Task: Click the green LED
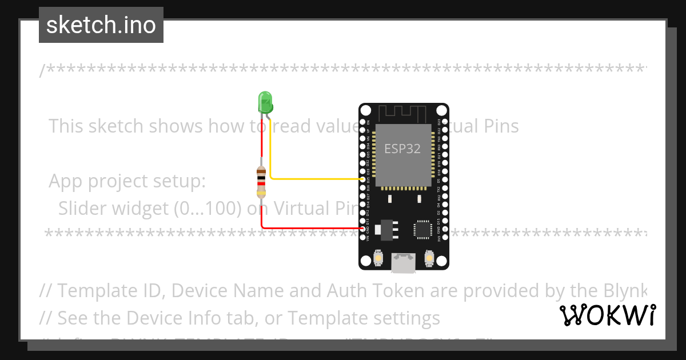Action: (x=265, y=102)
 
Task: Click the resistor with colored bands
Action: (x=261, y=181)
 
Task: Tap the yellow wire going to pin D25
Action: (x=314, y=179)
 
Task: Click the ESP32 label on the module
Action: (x=402, y=149)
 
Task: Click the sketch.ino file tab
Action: (x=101, y=25)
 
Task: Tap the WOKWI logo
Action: (x=607, y=315)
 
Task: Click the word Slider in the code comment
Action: (x=85, y=208)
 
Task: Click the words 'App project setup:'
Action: (x=127, y=181)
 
